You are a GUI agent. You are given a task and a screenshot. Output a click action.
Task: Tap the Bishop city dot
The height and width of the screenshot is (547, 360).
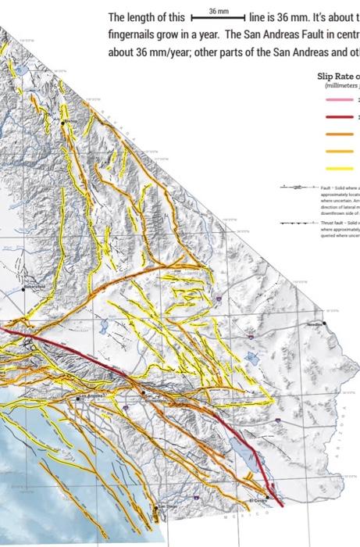click(x=62, y=123)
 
